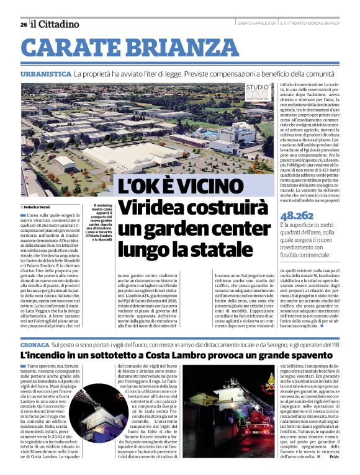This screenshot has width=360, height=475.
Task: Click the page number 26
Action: click(23, 24)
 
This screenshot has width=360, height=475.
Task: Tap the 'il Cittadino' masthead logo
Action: click(55, 24)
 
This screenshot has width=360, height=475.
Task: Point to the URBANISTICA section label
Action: click(45, 74)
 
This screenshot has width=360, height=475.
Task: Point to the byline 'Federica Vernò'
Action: click(38, 206)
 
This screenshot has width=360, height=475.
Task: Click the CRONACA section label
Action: click(34, 344)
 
